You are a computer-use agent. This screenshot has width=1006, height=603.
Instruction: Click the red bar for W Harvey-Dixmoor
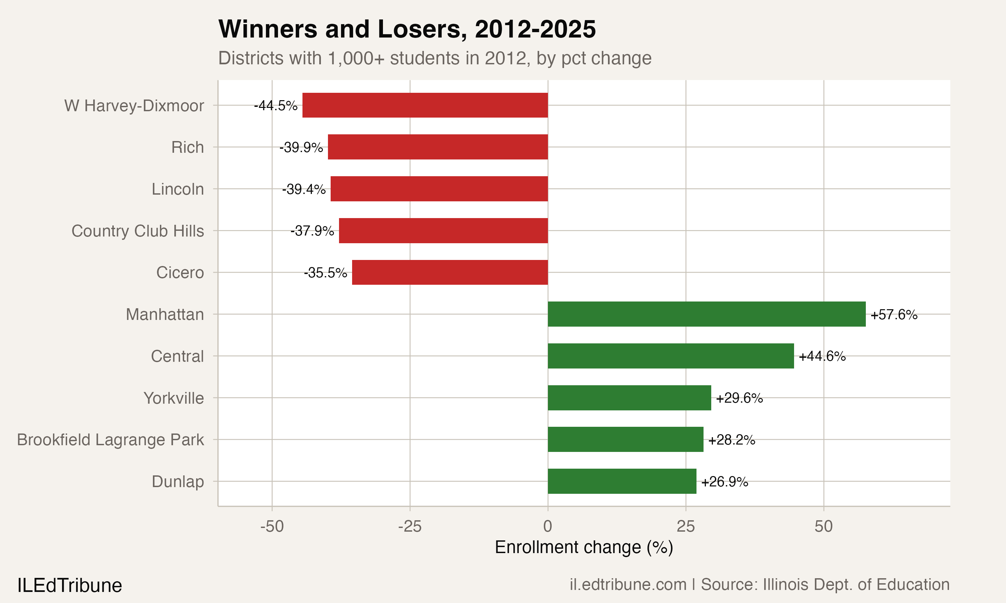pos(425,105)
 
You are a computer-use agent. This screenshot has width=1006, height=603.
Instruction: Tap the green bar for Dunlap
pos(622,481)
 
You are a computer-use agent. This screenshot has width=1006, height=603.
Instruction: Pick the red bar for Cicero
pos(450,272)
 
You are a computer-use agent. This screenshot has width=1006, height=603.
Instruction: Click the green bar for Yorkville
pos(629,398)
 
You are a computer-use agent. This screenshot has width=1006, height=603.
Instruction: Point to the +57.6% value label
pos(894,315)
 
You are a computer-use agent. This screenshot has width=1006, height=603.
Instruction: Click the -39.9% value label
pos(301,147)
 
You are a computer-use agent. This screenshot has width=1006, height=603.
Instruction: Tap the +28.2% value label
pos(731,440)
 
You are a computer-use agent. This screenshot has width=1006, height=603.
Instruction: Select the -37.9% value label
pos(312,231)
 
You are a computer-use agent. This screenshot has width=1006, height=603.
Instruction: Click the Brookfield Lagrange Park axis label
pos(110,440)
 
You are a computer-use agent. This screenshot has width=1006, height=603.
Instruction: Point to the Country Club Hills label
pos(137,231)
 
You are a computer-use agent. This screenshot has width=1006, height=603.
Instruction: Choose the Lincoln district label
pos(178,189)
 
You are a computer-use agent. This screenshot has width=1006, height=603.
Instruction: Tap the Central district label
pos(177,356)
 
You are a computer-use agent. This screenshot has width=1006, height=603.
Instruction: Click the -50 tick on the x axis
pos(272,527)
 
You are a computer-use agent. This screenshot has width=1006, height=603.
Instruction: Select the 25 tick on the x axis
pos(685,527)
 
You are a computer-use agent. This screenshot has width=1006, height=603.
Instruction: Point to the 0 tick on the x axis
pos(548,527)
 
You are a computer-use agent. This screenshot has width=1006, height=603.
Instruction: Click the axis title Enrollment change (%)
pos(584,547)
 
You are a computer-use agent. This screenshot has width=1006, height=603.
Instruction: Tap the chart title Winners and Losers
pos(407,29)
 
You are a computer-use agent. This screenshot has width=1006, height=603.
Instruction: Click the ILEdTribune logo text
pos(69,586)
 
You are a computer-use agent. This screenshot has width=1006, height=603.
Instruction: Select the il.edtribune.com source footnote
pos(759,584)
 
